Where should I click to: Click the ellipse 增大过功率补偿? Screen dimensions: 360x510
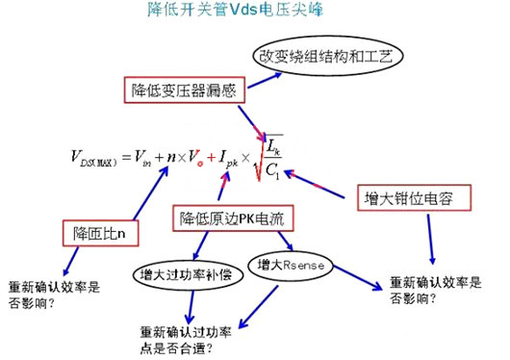(178, 270)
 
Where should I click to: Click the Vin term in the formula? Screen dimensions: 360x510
(140, 159)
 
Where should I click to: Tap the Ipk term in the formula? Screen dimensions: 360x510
(228, 159)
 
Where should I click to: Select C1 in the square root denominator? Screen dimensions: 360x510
(272, 171)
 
